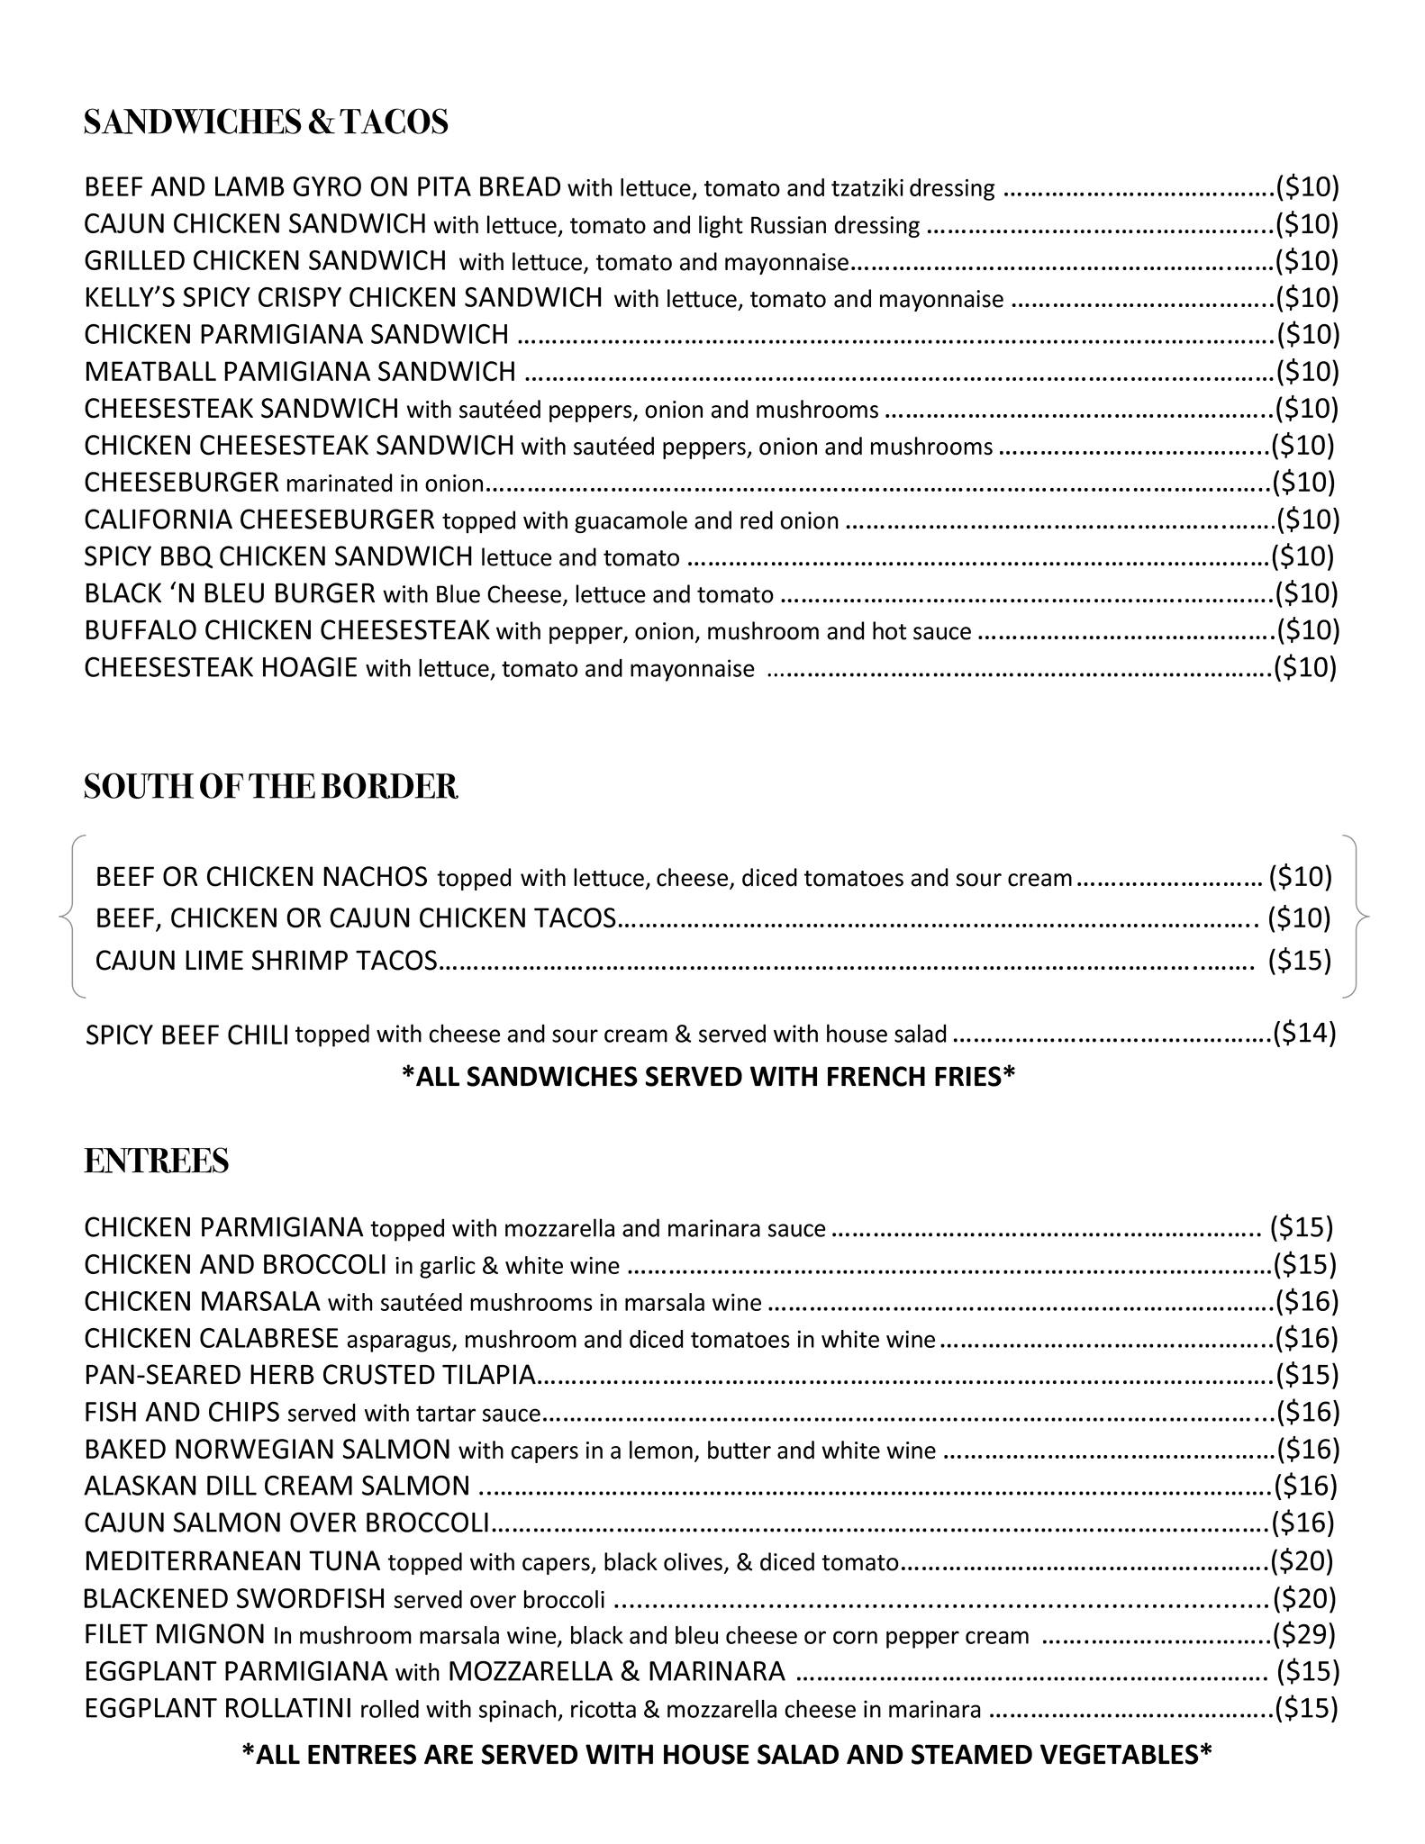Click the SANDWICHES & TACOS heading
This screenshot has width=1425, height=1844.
pyautogui.click(x=266, y=122)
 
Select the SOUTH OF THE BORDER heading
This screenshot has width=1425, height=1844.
pyautogui.click(x=270, y=787)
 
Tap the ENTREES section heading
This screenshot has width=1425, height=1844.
pyautogui.click(x=156, y=1162)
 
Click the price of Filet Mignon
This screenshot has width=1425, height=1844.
pyautogui.click(x=1303, y=1633)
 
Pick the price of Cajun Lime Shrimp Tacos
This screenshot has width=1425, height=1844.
pyautogui.click(x=1299, y=961)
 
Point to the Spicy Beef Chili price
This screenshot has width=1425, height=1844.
pyautogui.click(x=1303, y=1033)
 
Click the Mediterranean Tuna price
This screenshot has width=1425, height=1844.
pyautogui.click(x=1302, y=1559)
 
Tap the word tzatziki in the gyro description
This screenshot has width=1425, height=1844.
pyautogui.click(x=866, y=189)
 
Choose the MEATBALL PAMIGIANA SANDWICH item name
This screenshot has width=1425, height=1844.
pyautogui.click(x=300, y=371)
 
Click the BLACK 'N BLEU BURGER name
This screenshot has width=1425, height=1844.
pyautogui.click(x=230, y=593)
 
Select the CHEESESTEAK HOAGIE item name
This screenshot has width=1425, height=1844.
pyautogui.click(x=221, y=668)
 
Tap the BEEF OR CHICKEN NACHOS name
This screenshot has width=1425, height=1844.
pyautogui.click(x=261, y=876)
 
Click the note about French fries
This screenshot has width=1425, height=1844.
pyautogui.click(x=708, y=1076)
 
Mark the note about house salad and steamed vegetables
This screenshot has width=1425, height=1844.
pyautogui.click(x=726, y=1753)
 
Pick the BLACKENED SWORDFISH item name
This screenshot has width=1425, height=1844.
pyautogui.click(x=234, y=1598)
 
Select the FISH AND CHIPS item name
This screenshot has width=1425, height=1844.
pyautogui.click(x=182, y=1412)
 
